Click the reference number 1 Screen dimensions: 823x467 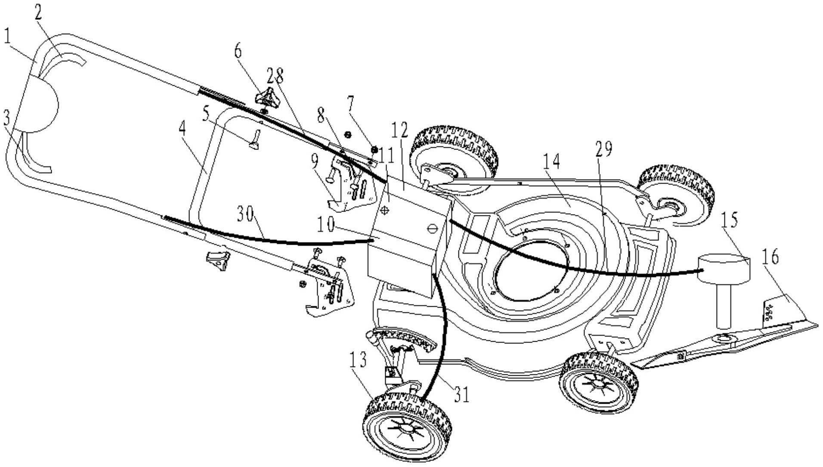tap(7, 37)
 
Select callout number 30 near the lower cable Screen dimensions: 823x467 tap(245, 214)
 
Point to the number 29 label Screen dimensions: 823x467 tap(603, 149)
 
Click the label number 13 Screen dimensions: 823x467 tap(358, 360)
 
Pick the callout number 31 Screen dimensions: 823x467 tap(461, 394)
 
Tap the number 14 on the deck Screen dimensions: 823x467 tap(551, 162)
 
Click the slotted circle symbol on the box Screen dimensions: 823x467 tap(432, 228)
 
